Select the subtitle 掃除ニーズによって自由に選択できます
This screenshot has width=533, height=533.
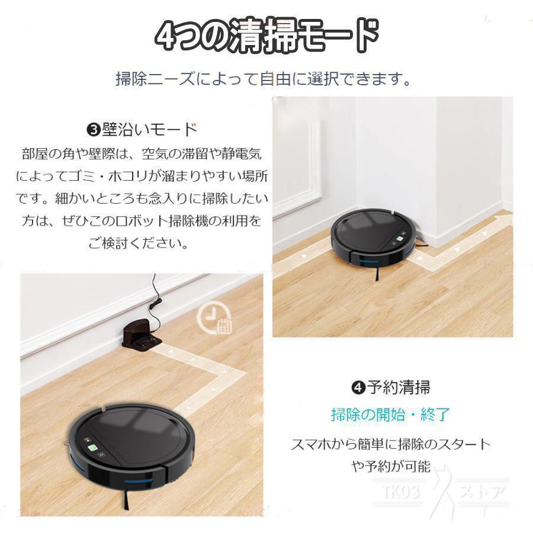[264, 79]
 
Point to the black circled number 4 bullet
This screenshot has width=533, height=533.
[357, 388]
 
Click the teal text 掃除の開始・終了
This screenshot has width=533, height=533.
[390, 415]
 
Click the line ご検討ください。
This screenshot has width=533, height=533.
[140, 243]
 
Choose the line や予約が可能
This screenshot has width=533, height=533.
[390, 466]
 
